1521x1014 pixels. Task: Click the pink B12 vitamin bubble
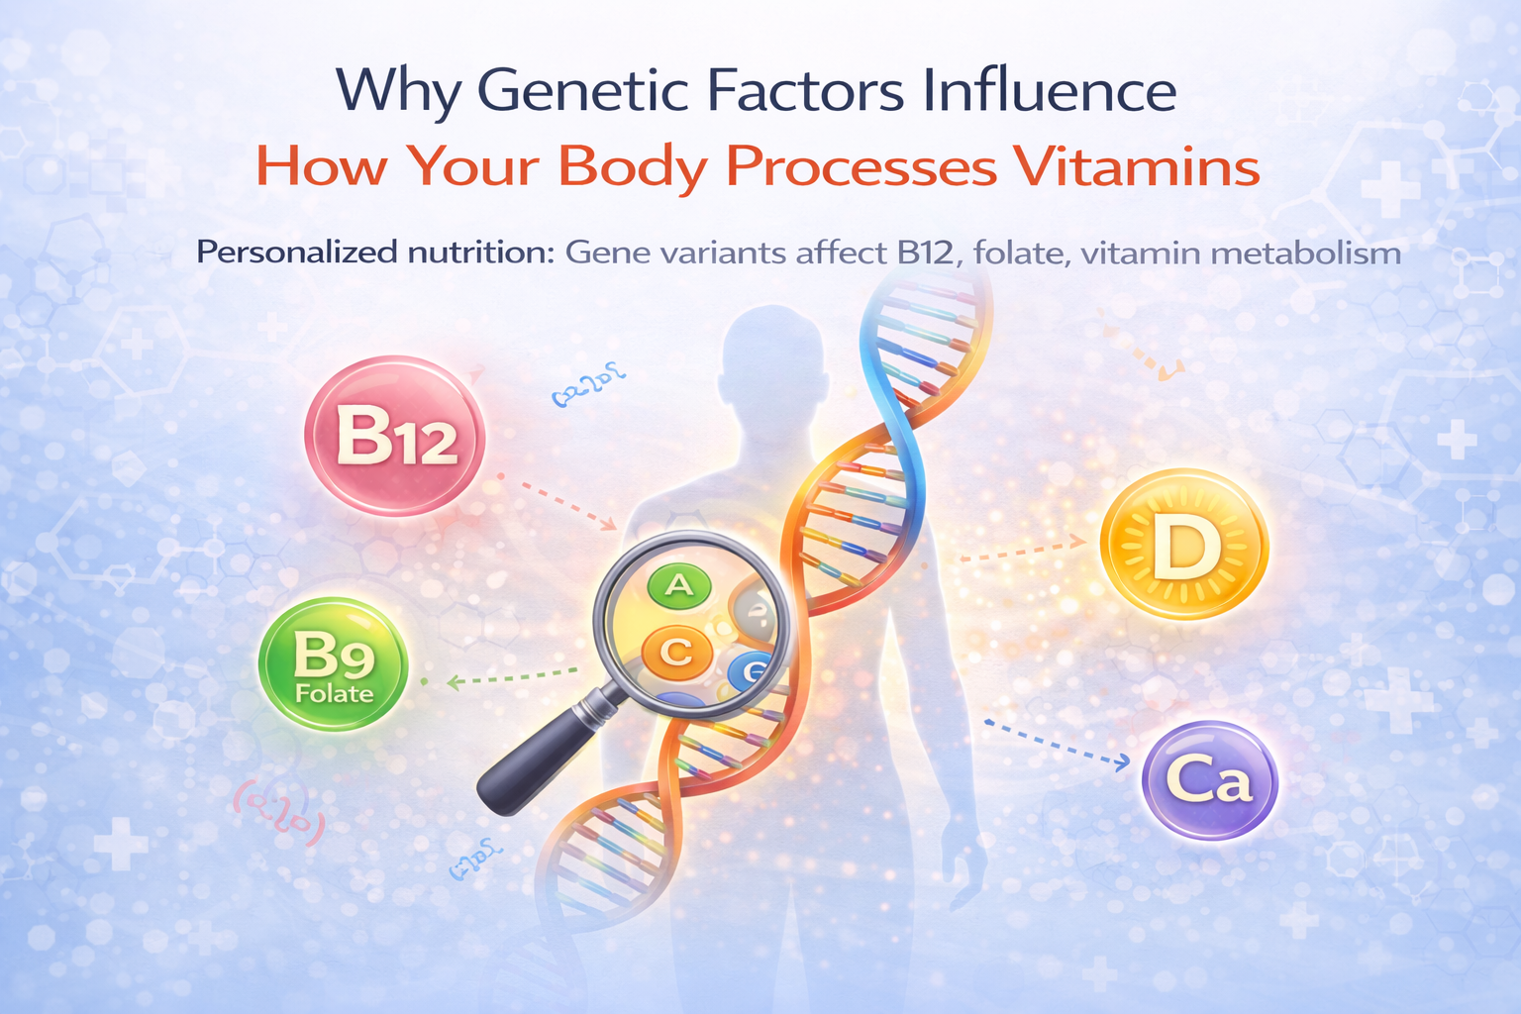[x=394, y=436]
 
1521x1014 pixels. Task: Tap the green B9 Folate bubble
[x=333, y=663]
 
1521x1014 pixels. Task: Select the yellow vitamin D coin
[x=1184, y=547]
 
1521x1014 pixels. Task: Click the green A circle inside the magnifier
[x=679, y=586]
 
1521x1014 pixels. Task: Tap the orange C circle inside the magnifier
[x=677, y=652]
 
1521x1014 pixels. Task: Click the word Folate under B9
[x=335, y=693]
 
